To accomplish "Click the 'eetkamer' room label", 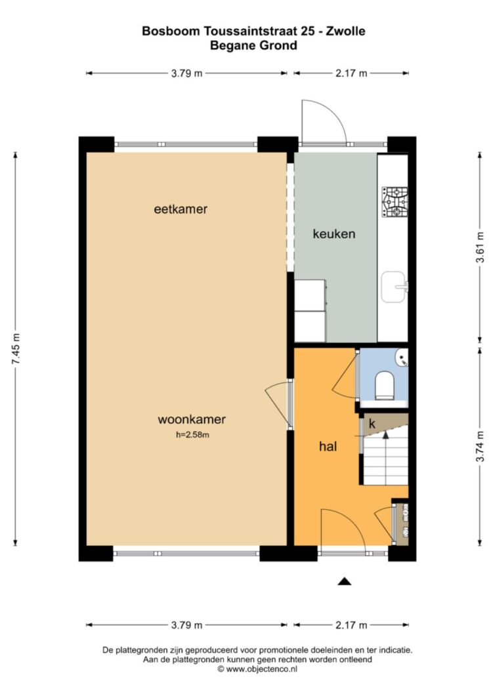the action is point(181,209).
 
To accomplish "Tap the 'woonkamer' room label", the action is point(192,420).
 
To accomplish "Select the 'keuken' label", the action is point(334,234).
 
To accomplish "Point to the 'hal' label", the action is point(328,446).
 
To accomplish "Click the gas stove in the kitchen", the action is point(395,202).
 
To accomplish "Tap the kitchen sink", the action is point(394,287).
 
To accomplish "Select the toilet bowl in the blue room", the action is point(384,385).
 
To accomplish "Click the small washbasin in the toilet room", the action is point(402,358).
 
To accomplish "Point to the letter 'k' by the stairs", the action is point(372,424).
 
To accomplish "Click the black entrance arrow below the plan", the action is point(344,581).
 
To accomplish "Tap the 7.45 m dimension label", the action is point(16,349).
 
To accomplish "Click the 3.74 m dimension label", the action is point(481,446).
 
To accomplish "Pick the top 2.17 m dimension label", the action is point(351,73).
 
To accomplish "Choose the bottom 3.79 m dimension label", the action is point(186,625).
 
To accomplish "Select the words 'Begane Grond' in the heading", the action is point(253,45).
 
